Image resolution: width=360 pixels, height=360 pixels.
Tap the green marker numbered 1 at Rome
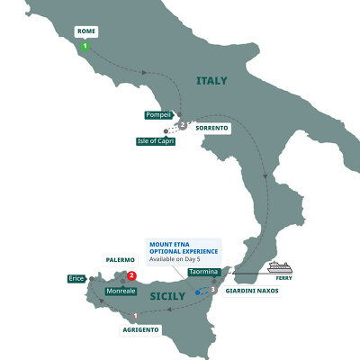coord(85,46)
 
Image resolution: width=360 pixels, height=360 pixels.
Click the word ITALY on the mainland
coord(211,81)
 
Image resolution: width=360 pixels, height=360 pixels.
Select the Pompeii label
coord(157,115)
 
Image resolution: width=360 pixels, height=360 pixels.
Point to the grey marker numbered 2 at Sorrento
coord(183,125)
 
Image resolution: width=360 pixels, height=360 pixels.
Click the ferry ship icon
coord(287,266)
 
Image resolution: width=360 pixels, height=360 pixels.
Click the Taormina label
coord(204,272)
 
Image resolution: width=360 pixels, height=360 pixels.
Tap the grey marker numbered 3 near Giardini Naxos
coord(213,290)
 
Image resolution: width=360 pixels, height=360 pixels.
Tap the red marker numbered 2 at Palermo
coord(131,276)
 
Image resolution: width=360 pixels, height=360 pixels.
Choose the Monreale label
coord(121,292)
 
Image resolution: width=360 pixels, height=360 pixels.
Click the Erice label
coord(76,279)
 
